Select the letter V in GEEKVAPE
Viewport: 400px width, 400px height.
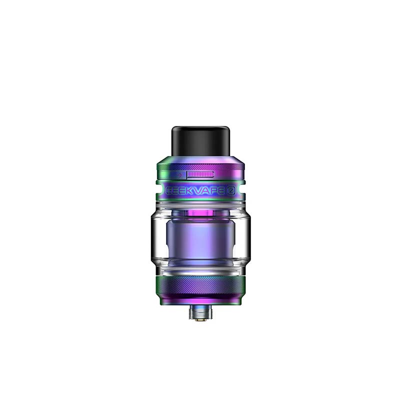[195, 190]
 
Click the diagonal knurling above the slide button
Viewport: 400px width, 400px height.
[200, 165]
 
